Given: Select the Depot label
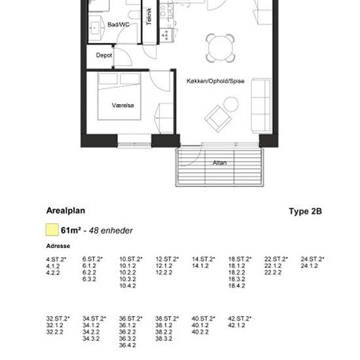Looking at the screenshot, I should [104, 56].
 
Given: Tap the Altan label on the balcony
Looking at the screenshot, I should [220, 162].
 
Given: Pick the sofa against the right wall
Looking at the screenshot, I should [261, 105].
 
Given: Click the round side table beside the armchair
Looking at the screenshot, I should [231, 103].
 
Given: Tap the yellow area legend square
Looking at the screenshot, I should [51, 230].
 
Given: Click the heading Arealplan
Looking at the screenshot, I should [65, 211].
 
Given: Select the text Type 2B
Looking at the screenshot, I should [305, 212].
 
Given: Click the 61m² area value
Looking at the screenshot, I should [70, 230].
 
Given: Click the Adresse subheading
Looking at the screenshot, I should [58, 247].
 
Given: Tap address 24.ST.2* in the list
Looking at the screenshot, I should [312, 259].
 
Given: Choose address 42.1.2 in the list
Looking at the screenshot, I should [237, 325].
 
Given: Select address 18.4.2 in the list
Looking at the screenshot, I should [237, 286].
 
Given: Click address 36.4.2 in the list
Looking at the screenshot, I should [128, 345].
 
